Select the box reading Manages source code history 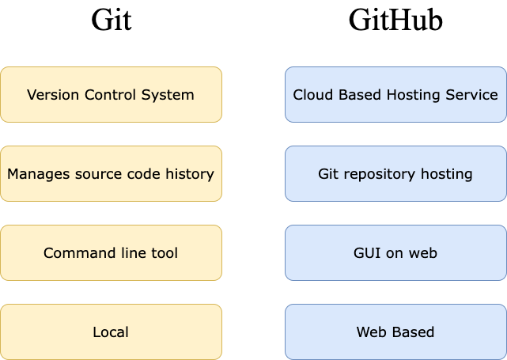(111, 173)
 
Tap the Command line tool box (111, 252)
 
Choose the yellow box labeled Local (111, 332)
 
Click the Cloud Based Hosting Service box (395, 94)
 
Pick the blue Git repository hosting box (395, 173)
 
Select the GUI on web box (395, 252)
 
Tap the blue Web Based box (395, 332)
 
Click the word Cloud (311, 95)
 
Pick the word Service (473, 95)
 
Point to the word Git (328, 174)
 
